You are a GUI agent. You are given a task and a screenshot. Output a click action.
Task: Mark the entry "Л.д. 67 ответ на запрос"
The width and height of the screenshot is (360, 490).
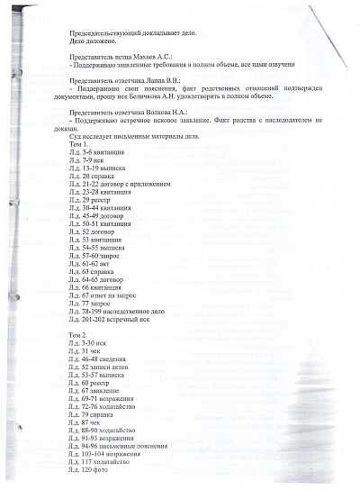106,294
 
